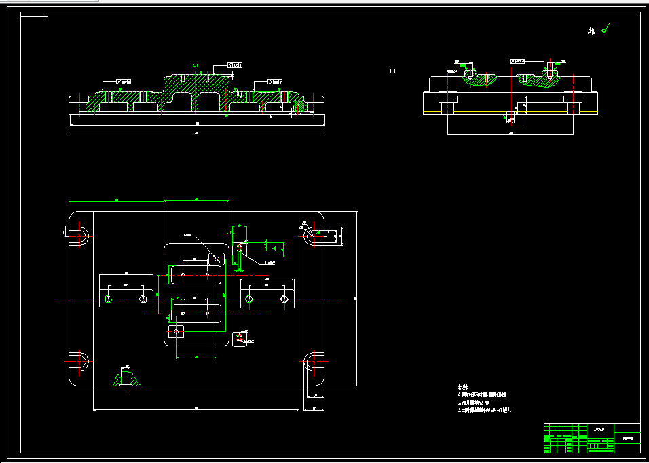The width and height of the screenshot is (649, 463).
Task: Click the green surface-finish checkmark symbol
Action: [x=606, y=29]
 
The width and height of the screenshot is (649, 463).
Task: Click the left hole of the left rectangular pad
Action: [x=108, y=299]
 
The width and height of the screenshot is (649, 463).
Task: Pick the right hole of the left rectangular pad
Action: [x=143, y=299]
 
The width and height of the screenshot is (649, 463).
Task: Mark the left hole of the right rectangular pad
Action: [x=249, y=299]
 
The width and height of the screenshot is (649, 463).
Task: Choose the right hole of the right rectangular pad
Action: [x=284, y=299]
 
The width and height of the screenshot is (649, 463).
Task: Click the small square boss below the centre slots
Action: [x=176, y=331]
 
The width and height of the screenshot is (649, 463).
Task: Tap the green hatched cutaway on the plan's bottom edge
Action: [x=126, y=377]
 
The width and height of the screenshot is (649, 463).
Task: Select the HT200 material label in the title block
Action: [x=598, y=429]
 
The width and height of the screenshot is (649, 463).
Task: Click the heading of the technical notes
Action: [x=463, y=385]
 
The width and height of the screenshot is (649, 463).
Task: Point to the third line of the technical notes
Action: [x=485, y=410]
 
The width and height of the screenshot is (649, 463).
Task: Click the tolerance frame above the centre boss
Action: [x=234, y=65]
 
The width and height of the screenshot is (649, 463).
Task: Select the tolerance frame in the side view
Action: [x=518, y=61]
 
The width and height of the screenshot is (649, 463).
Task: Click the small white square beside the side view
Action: [x=392, y=70]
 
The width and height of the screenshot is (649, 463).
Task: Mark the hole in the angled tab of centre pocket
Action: [x=217, y=258]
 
